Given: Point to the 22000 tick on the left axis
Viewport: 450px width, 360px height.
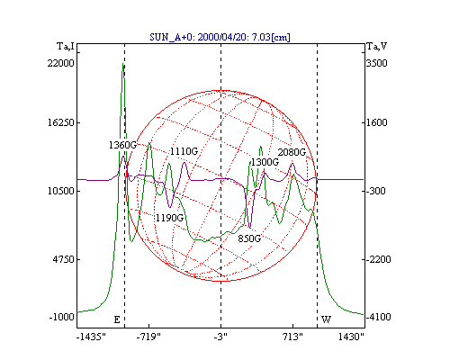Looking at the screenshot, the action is (60, 63).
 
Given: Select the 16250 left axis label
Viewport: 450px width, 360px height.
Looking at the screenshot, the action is (60, 122).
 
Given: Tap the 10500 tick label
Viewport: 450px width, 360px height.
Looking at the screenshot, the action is (60, 191).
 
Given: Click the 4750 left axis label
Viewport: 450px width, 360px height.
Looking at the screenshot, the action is (63, 259).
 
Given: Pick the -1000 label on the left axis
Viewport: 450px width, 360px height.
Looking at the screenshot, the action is (61, 317).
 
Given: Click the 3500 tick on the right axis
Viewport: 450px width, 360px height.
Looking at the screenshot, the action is (377, 63).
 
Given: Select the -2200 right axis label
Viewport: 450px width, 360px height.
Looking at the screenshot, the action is (379, 259).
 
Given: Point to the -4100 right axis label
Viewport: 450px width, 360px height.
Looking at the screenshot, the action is (379, 317).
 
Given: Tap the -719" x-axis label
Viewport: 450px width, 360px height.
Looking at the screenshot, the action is (148, 337).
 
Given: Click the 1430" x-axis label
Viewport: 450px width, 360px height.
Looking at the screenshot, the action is (351, 337).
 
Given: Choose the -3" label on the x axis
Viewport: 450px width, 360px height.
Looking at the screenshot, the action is (220, 337).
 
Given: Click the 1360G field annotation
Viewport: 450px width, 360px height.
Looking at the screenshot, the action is (122, 145).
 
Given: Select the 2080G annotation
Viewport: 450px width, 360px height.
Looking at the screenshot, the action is (292, 152).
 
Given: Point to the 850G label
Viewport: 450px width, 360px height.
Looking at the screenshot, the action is (249, 238).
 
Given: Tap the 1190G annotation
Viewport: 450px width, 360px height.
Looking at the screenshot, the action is (169, 218).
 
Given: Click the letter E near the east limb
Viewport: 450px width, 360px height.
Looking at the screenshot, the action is (117, 319).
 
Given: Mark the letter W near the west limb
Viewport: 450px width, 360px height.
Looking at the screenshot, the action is (326, 319).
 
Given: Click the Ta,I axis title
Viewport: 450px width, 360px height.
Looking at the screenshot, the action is (66, 47).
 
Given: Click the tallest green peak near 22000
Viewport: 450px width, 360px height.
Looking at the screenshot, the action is (123, 64).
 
